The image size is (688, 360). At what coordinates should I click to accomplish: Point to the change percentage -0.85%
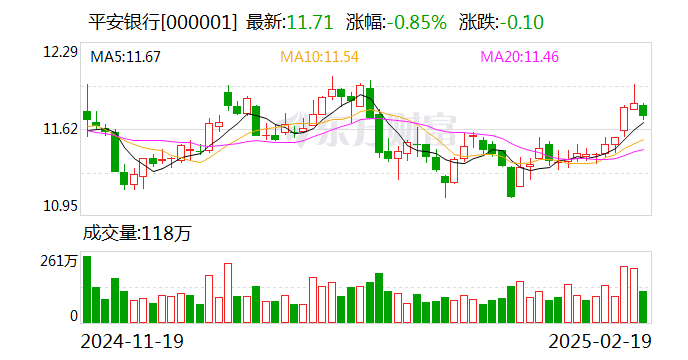tap(410, 21)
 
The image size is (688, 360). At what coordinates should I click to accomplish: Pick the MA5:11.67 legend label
tap(126, 57)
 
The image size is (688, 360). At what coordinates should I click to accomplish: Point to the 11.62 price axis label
tap(59, 129)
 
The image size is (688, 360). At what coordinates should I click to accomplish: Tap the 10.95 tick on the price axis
tap(59, 206)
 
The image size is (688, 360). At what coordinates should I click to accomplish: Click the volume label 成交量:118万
tap(136, 235)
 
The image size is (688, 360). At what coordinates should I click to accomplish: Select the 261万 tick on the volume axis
tap(58, 261)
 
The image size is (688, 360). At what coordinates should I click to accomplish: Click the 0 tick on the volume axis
tap(72, 316)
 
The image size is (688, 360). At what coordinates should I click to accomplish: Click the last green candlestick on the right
tap(643, 110)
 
